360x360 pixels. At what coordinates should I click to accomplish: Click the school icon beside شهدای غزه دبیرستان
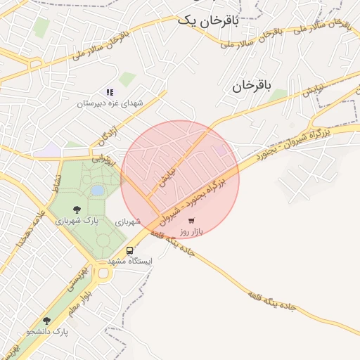[110, 92]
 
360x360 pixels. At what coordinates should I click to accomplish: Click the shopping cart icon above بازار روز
[191, 220]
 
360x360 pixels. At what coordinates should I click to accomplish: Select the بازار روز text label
[191, 231]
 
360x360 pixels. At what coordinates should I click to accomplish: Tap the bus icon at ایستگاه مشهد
[129, 250]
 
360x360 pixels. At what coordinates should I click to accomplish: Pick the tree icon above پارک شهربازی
[76, 209]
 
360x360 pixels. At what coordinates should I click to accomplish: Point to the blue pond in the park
[98, 190]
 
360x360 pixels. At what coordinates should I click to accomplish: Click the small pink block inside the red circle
[221, 150]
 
